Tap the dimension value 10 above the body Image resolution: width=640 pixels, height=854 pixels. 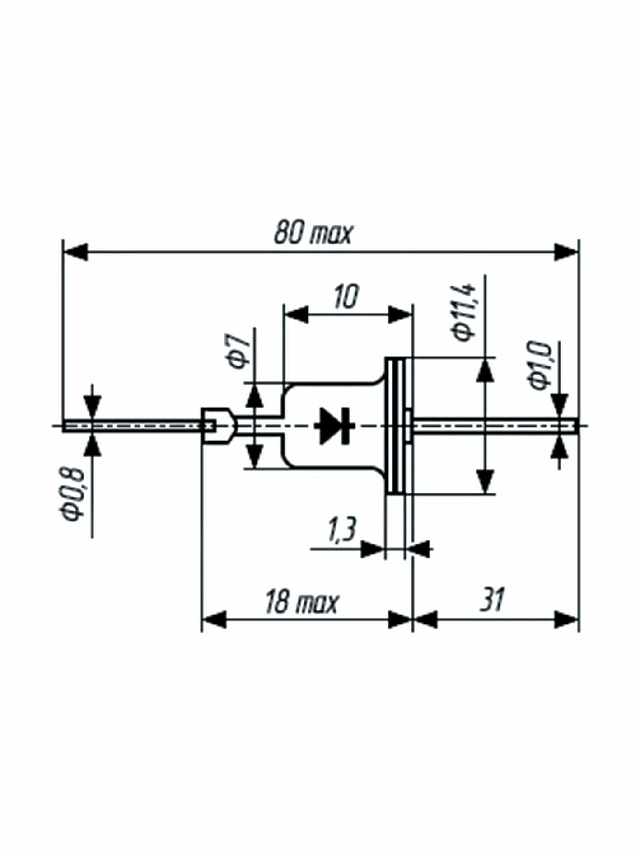point(346,296)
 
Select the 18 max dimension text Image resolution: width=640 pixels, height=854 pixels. point(302,601)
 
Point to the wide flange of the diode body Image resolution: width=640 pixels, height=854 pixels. point(396,425)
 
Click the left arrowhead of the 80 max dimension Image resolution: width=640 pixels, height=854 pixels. point(75,252)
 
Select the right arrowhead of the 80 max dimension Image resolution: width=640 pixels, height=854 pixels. point(567,252)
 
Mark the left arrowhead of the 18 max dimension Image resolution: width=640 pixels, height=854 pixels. point(214,619)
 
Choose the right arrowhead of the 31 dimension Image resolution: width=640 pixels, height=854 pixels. point(567,619)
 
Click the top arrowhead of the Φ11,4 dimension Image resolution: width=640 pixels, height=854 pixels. point(485,371)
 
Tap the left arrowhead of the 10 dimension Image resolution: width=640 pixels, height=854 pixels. point(296,314)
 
